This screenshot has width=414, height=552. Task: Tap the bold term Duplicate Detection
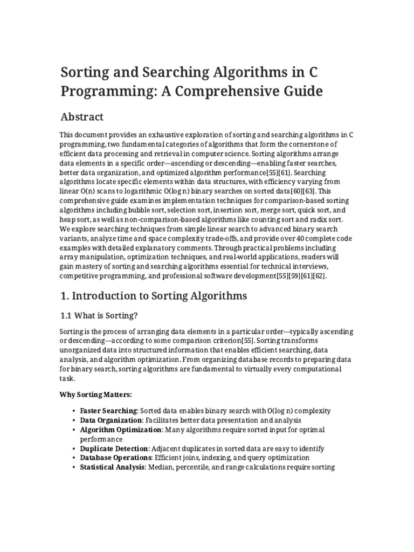(x=114, y=448)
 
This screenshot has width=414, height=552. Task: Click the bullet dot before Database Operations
(x=73, y=458)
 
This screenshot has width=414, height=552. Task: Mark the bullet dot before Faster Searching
(x=73, y=411)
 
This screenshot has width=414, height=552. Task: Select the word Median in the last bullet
(x=161, y=467)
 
